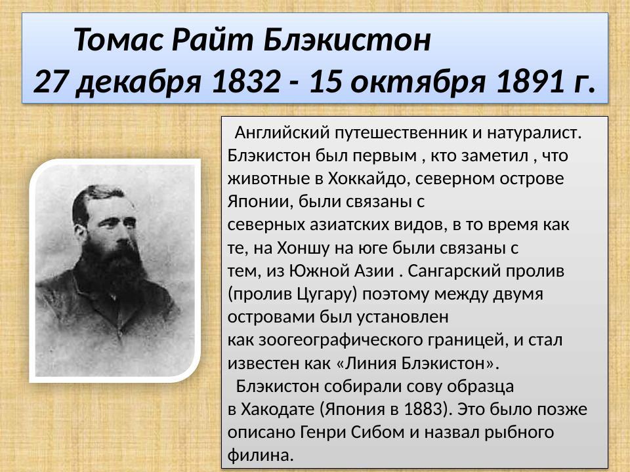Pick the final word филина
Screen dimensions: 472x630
click(x=259, y=455)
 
